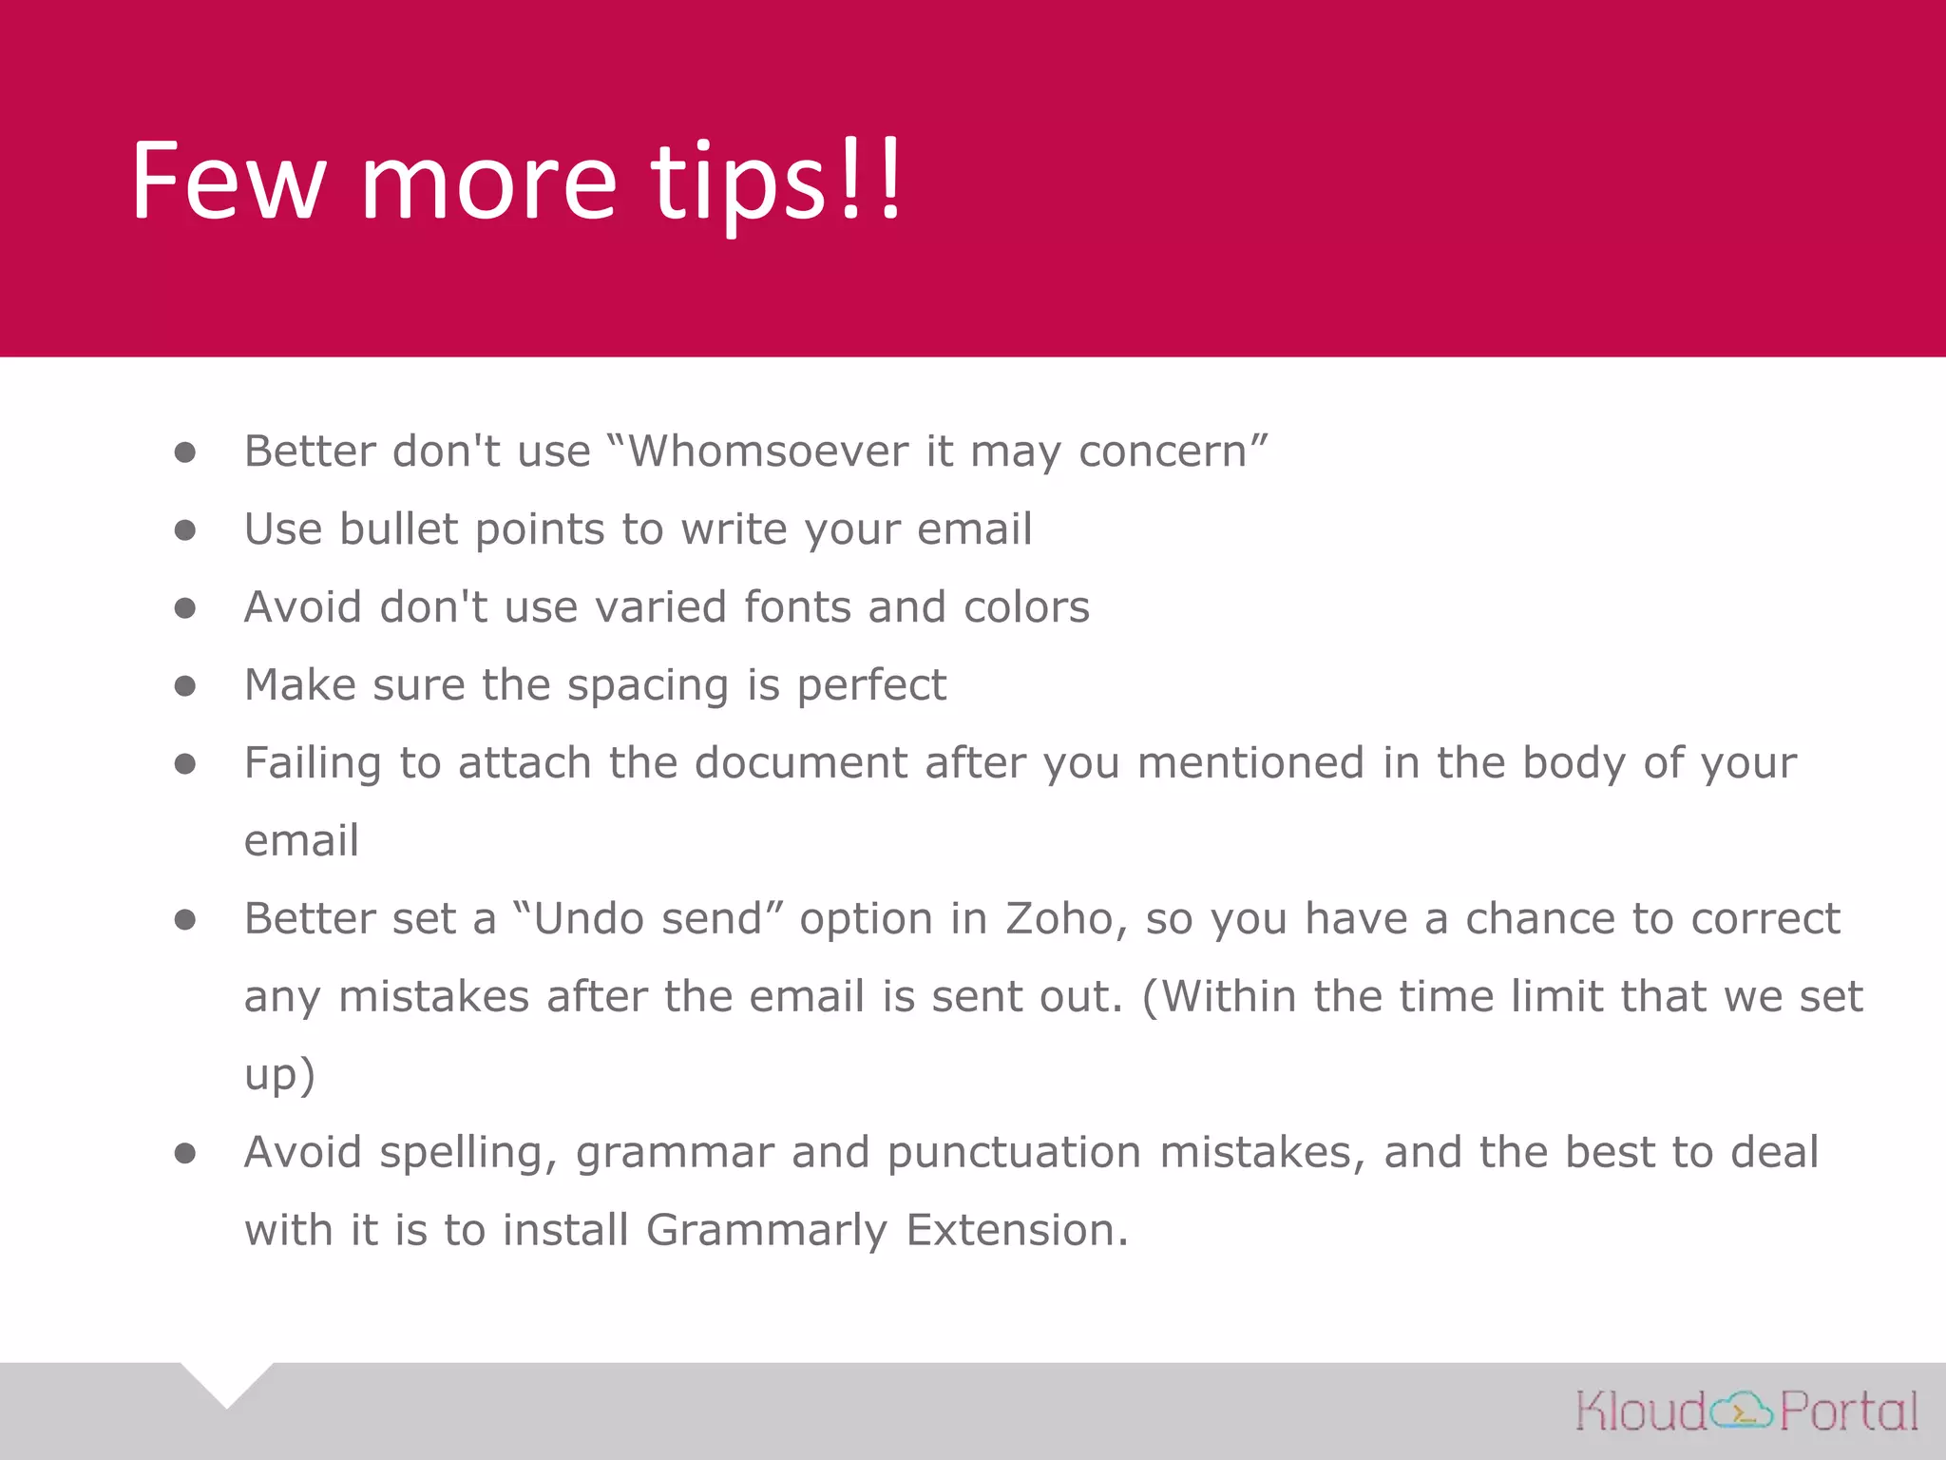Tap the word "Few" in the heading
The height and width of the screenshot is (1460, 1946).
(x=228, y=181)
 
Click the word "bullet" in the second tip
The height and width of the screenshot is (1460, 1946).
(x=398, y=528)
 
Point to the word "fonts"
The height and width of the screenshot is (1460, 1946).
(x=796, y=606)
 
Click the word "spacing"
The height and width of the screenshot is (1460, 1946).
(x=647, y=686)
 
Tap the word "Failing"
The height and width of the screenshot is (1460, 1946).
(x=313, y=763)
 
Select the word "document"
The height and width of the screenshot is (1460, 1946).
(x=801, y=762)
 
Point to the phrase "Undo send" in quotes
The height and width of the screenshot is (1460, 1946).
(x=648, y=918)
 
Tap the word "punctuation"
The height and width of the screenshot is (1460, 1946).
(x=1014, y=1153)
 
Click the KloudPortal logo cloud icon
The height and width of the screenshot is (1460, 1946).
(x=1742, y=1410)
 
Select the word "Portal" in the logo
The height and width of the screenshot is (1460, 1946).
(x=1848, y=1411)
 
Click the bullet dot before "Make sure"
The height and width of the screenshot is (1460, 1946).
(x=185, y=685)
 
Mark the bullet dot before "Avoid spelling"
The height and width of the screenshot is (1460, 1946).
(x=185, y=1153)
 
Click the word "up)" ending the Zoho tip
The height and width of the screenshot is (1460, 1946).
(x=279, y=1075)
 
